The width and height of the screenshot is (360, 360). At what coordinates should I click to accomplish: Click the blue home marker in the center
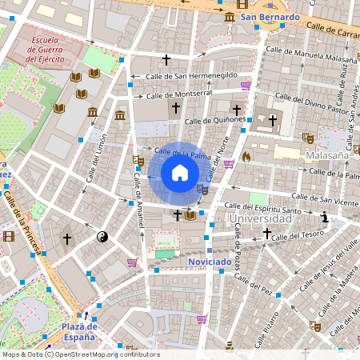pos(180,173)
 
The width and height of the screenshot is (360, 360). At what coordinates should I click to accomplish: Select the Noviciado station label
pos(210,262)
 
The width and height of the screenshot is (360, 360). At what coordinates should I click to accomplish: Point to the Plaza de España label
pos(80,331)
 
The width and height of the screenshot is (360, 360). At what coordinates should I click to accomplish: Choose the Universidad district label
pos(259,218)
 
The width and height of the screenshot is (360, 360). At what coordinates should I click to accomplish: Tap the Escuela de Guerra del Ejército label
pos(51,49)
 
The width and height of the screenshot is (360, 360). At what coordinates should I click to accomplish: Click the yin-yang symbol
pos(102,237)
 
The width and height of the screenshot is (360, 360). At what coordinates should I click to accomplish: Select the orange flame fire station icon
pos(246,157)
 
